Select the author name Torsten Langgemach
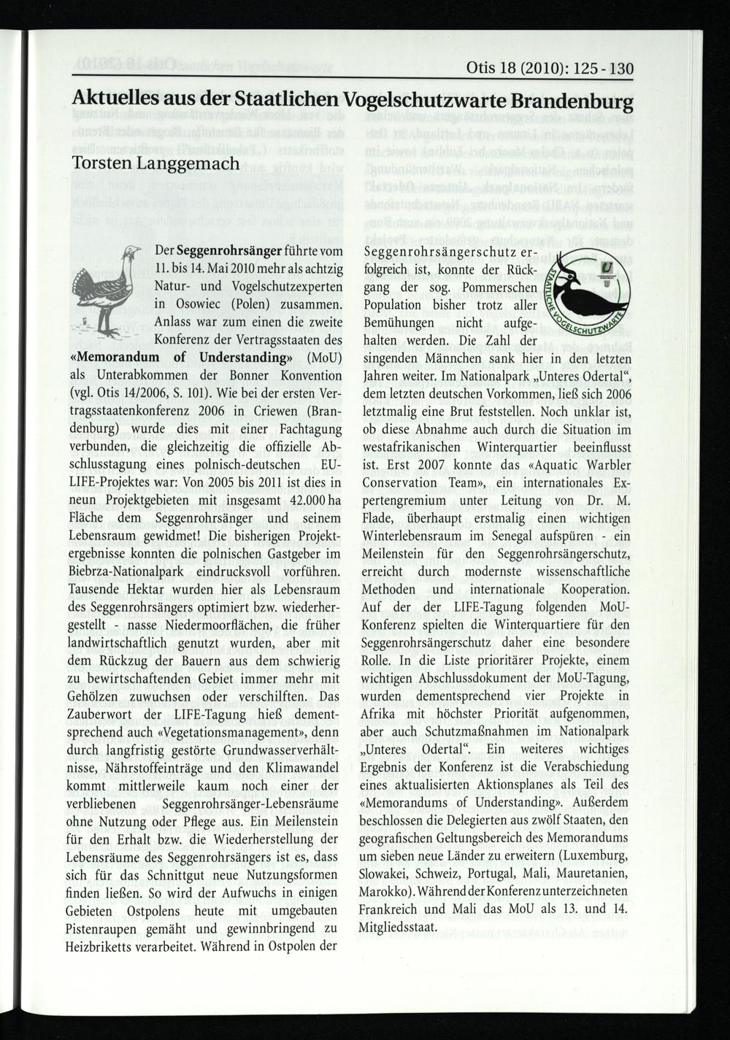pyautogui.click(x=156, y=162)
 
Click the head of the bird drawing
pyautogui.click(x=131, y=251)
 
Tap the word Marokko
pyautogui.click(x=385, y=892)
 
